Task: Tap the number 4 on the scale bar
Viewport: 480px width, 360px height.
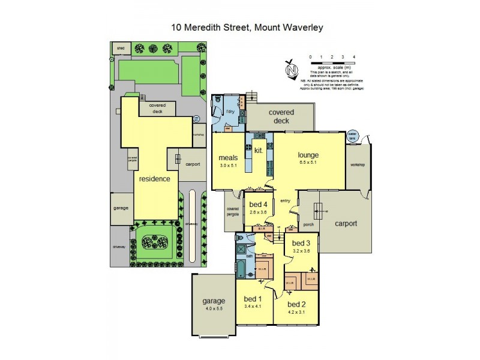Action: [355, 56]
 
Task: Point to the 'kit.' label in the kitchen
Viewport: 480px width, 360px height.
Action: [259, 151]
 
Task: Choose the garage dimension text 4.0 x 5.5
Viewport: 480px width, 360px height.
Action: [213, 308]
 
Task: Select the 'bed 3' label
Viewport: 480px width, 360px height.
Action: [301, 243]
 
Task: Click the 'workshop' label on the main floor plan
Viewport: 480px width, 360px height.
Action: [358, 165]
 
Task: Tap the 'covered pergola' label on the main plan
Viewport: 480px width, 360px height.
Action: [233, 211]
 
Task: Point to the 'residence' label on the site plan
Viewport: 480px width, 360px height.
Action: [155, 179]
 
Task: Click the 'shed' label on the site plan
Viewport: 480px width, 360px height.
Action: [121, 47]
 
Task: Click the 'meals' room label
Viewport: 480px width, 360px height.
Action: [228, 158]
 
